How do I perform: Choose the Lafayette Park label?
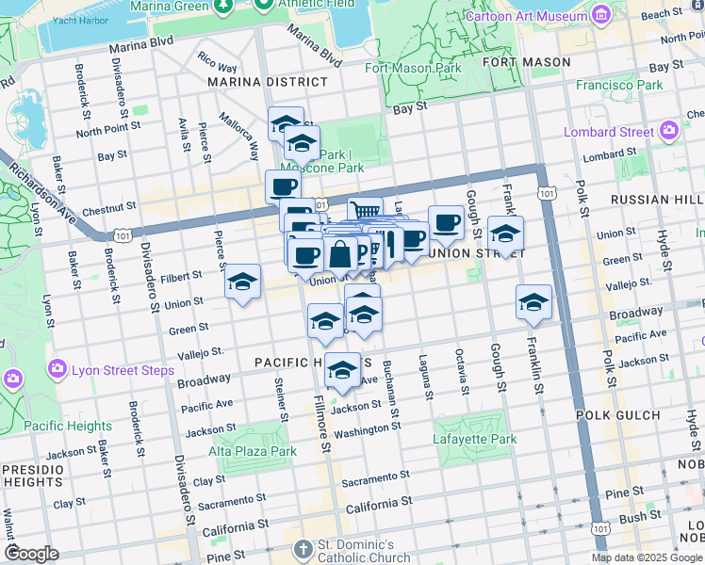(475, 439)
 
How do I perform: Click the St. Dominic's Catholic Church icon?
(303, 548)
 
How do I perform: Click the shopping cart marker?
(365, 212)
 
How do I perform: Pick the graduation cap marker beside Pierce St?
(243, 282)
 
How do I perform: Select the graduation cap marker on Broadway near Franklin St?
(533, 302)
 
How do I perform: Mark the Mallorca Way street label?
(239, 136)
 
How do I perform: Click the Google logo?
(31, 554)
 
